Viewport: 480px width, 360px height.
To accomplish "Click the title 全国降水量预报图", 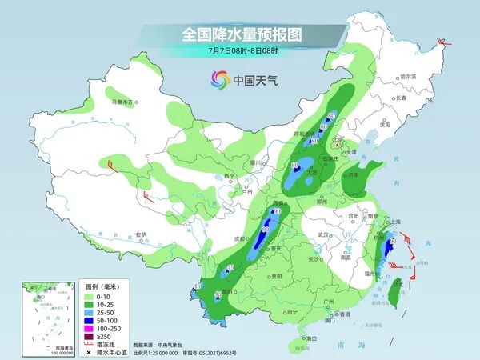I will click(x=240, y=35).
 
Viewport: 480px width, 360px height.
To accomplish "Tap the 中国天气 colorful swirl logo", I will click(x=219, y=79).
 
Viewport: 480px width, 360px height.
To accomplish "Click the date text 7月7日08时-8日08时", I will click(x=240, y=50).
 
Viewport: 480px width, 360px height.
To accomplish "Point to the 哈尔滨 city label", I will click(x=409, y=75).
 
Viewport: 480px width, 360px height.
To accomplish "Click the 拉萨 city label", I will click(x=142, y=234).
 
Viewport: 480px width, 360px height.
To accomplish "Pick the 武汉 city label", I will click(x=323, y=234).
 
